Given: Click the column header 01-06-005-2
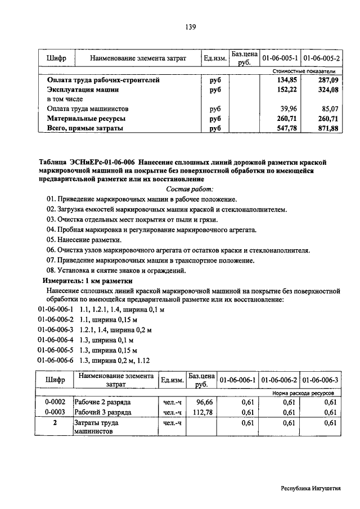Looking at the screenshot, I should click(x=321, y=58).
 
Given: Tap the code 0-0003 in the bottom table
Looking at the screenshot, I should click(x=55, y=413).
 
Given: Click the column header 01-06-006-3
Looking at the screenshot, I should click(x=321, y=381).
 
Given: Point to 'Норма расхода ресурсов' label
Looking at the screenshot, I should click(x=303, y=393).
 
